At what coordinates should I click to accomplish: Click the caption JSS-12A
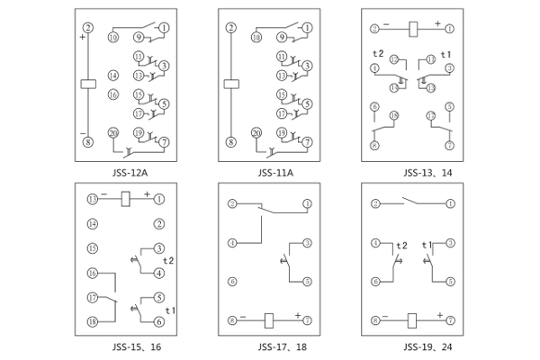point(126,173)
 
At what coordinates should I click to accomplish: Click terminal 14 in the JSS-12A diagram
point(113,75)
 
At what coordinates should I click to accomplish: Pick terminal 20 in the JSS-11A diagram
point(256,133)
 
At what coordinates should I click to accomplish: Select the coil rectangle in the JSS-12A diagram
point(87,85)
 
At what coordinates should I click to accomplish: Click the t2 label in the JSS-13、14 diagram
point(379,54)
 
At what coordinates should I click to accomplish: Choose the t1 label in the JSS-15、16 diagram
point(170,310)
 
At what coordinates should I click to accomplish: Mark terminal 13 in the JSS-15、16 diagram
point(92,199)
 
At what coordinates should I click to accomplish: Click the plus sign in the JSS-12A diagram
point(82,38)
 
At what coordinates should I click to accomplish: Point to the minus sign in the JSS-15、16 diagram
point(104,194)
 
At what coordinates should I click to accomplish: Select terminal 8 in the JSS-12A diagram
point(87,142)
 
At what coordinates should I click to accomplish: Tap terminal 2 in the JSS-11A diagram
point(231,29)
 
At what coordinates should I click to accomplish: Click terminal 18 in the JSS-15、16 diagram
point(92,321)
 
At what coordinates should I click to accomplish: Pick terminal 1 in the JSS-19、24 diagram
point(449,203)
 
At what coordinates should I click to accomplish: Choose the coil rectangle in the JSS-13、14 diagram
point(412,30)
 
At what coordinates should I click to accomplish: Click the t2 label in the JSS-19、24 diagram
point(401,245)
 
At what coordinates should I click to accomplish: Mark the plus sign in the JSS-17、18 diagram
point(297,315)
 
